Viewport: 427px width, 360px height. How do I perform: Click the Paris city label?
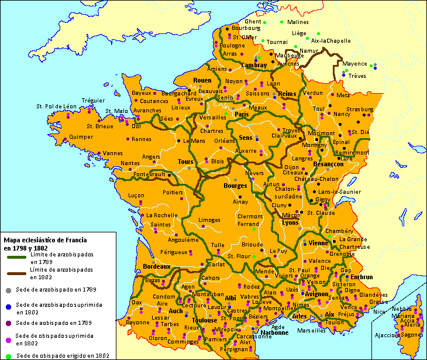click(242, 115)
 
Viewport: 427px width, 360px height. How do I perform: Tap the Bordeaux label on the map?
click(156, 266)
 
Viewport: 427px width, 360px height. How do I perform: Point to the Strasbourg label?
click(359, 109)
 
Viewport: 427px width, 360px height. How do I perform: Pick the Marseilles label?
click(311, 330)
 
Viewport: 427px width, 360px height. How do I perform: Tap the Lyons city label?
click(290, 223)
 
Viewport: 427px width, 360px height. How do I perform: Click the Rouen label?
click(202, 80)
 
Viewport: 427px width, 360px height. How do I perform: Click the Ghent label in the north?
click(253, 22)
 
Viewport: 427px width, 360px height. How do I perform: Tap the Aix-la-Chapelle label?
click(330, 41)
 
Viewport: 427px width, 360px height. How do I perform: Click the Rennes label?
click(142, 139)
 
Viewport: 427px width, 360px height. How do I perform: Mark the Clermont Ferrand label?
click(250, 220)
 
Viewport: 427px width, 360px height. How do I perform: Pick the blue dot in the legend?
click(8, 306)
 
